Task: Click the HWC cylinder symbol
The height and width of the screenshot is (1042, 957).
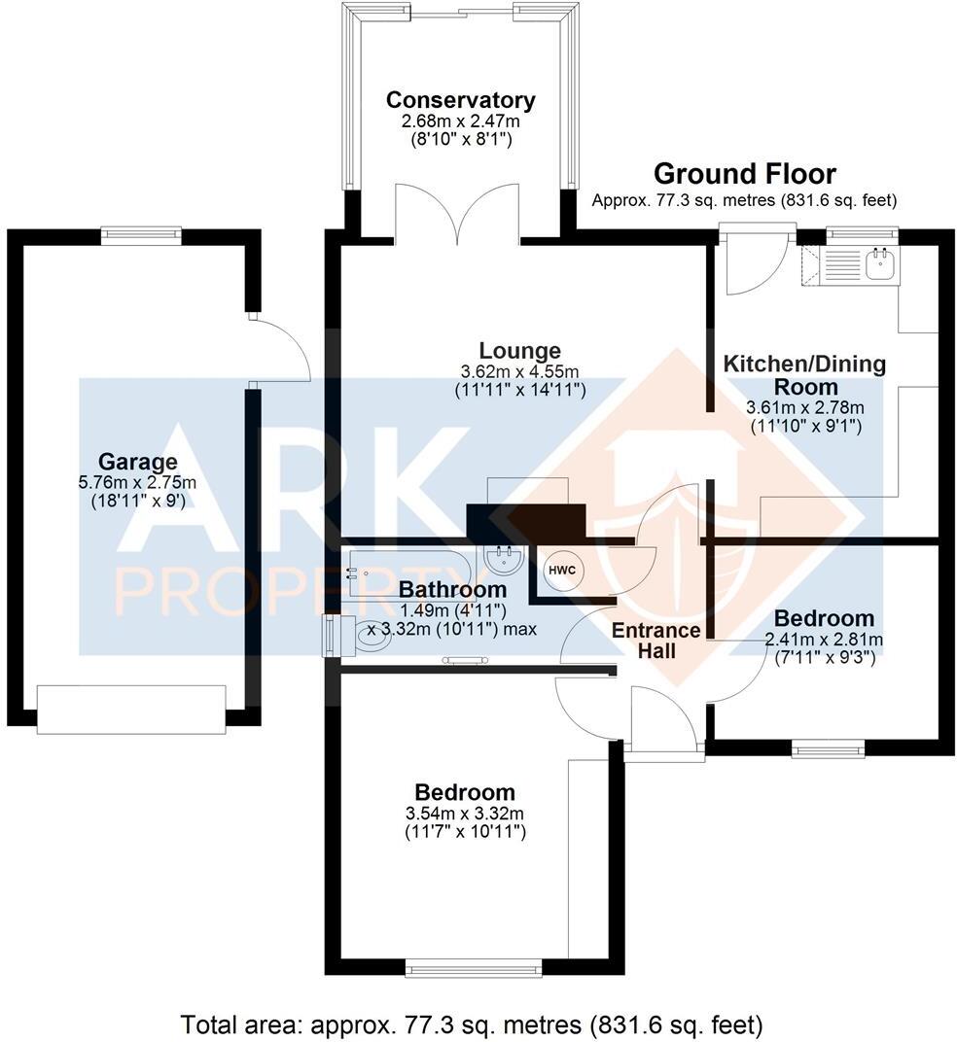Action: tap(561, 571)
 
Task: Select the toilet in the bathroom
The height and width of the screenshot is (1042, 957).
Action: tap(367, 639)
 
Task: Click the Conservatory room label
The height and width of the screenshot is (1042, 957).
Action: tap(460, 100)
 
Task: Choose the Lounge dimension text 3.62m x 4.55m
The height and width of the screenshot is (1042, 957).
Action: tap(519, 371)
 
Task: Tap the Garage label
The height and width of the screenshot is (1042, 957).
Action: tap(137, 462)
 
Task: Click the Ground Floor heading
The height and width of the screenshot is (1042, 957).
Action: tap(744, 174)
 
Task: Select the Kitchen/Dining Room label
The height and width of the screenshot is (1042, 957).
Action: tap(804, 374)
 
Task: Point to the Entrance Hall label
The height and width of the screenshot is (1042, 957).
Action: tap(656, 641)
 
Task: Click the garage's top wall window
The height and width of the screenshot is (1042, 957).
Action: tap(141, 234)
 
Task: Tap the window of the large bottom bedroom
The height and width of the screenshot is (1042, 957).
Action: tap(474, 967)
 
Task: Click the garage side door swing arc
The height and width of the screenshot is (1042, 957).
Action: tap(282, 350)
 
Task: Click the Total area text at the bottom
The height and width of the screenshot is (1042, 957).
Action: tap(472, 1025)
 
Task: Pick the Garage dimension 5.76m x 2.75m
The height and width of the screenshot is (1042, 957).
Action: tap(137, 481)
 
